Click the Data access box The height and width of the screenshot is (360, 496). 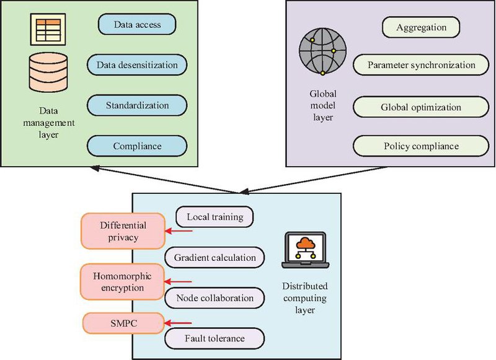coord(137,24)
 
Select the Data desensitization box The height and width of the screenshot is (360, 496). coord(137,64)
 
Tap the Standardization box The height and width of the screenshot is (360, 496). coord(137,105)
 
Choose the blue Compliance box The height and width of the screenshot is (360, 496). coord(137,146)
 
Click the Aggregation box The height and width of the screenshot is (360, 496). coord(422,27)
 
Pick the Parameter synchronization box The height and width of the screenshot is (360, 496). coord(421,64)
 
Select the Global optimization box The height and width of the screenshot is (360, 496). coord(421,107)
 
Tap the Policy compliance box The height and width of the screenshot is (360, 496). coord(421,146)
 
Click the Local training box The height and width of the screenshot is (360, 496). coord(215,217)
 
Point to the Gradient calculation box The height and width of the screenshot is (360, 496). coord(215,257)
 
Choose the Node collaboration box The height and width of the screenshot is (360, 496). coord(215,298)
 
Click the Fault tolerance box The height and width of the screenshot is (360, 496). coord(215,338)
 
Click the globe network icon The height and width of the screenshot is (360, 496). coord(319,53)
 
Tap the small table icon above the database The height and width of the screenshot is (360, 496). coord(48,27)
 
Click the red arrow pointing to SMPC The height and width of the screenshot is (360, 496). coord(180,323)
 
